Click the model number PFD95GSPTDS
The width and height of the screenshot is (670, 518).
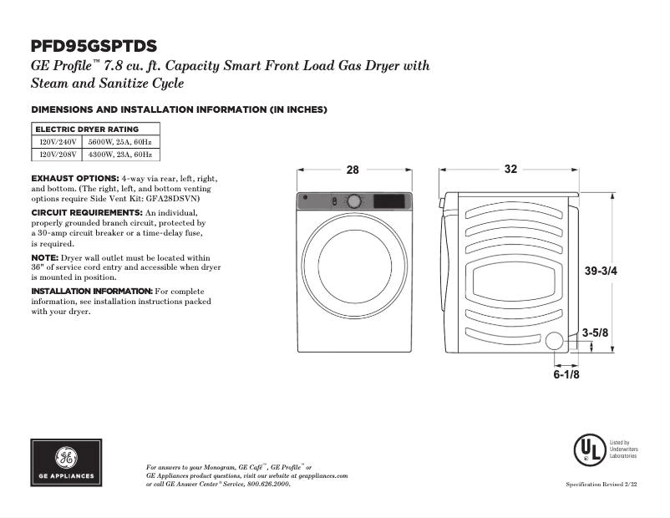coord(94,46)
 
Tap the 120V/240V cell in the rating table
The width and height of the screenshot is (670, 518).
coord(58,142)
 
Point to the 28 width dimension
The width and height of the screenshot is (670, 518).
coord(353,170)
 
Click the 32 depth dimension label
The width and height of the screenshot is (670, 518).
coord(510,170)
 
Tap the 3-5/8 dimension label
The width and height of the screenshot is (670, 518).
coord(595,333)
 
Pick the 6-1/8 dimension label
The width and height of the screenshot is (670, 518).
coord(566,375)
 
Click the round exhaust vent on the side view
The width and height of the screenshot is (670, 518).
coord(554,341)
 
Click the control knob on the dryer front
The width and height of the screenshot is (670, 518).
coord(354,201)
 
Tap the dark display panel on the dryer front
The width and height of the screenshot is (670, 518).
coord(390,201)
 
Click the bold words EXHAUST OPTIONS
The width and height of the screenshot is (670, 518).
coord(75,179)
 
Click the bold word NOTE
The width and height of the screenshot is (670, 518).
coord(44,258)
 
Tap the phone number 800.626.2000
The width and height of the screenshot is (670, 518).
coord(272,485)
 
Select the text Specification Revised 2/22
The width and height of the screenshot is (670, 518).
coord(601,485)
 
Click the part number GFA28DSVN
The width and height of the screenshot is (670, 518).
coord(171,199)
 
